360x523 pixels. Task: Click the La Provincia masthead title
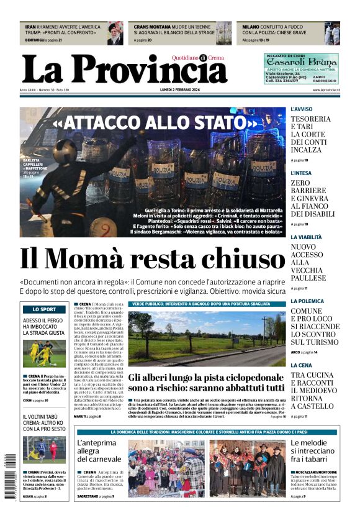point(124,69)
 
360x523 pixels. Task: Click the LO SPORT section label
point(44,309)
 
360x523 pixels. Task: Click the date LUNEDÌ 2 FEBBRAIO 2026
point(179,90)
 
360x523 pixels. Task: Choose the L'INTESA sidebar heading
point(302,173)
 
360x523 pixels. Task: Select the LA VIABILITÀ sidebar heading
point(306,237)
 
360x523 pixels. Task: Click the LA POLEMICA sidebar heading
point(307,301)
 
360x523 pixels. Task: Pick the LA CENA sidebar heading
point(301,365)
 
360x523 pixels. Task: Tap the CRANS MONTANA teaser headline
point(174,30)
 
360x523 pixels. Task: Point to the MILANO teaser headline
point(282,30)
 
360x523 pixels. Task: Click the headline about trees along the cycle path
point(207,382)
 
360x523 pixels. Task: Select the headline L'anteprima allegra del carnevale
point(97,452)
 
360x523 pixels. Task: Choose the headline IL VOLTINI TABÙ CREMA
point(44,422)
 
